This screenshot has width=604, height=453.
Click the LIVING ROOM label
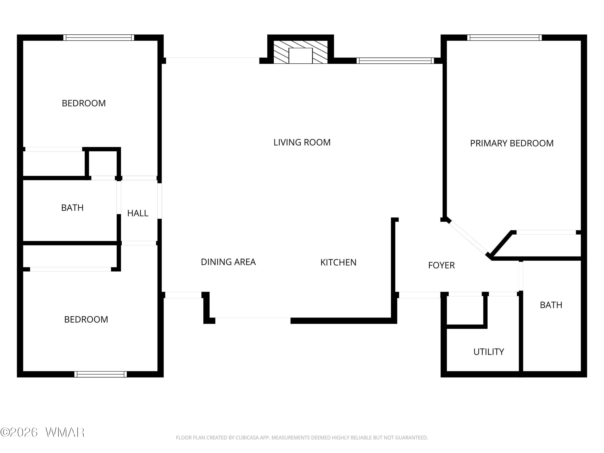(302, 142)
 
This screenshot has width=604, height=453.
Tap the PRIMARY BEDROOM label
(512, 143)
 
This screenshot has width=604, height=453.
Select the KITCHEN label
(338, 262)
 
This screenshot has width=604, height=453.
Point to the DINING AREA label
(228, 262)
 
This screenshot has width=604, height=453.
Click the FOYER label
(441, 265)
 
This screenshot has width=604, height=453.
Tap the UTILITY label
(488, 352)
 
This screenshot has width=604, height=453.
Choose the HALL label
(138, 213)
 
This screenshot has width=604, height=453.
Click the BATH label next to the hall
(72, 208)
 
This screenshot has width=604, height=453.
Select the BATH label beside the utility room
(551, 305)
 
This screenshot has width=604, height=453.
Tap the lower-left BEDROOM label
(86, 319)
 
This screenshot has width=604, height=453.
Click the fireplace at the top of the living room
(300, 52)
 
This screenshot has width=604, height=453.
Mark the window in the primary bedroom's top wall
(504, 37)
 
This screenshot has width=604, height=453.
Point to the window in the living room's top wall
(395, 61)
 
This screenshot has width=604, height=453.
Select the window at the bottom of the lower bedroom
(100, 374)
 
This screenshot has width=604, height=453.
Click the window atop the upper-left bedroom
(99, 37)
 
